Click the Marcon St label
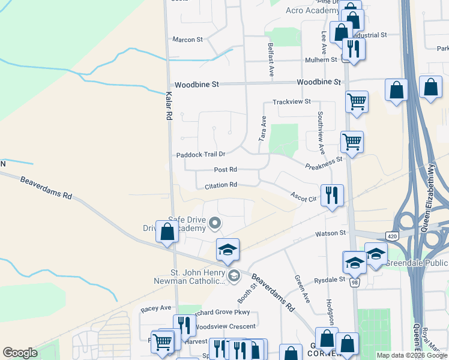click(x=188, y=40)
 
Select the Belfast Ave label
click(x=271, y=59)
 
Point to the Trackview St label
click(x=292, y=102)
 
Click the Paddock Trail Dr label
click(x=200, y=155)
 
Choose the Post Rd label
click(x=226, y=170)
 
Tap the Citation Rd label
click(x=221, y=185)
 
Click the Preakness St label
click(x=324, y=163)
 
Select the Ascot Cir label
click(x=303, y=196)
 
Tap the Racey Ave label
click(x=156, y=308)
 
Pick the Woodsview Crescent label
click(x=226, y=326)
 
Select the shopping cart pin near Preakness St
click(x=352, y=142)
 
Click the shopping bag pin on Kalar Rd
click(x=167, y=231)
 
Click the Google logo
click(x=20, y=353)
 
